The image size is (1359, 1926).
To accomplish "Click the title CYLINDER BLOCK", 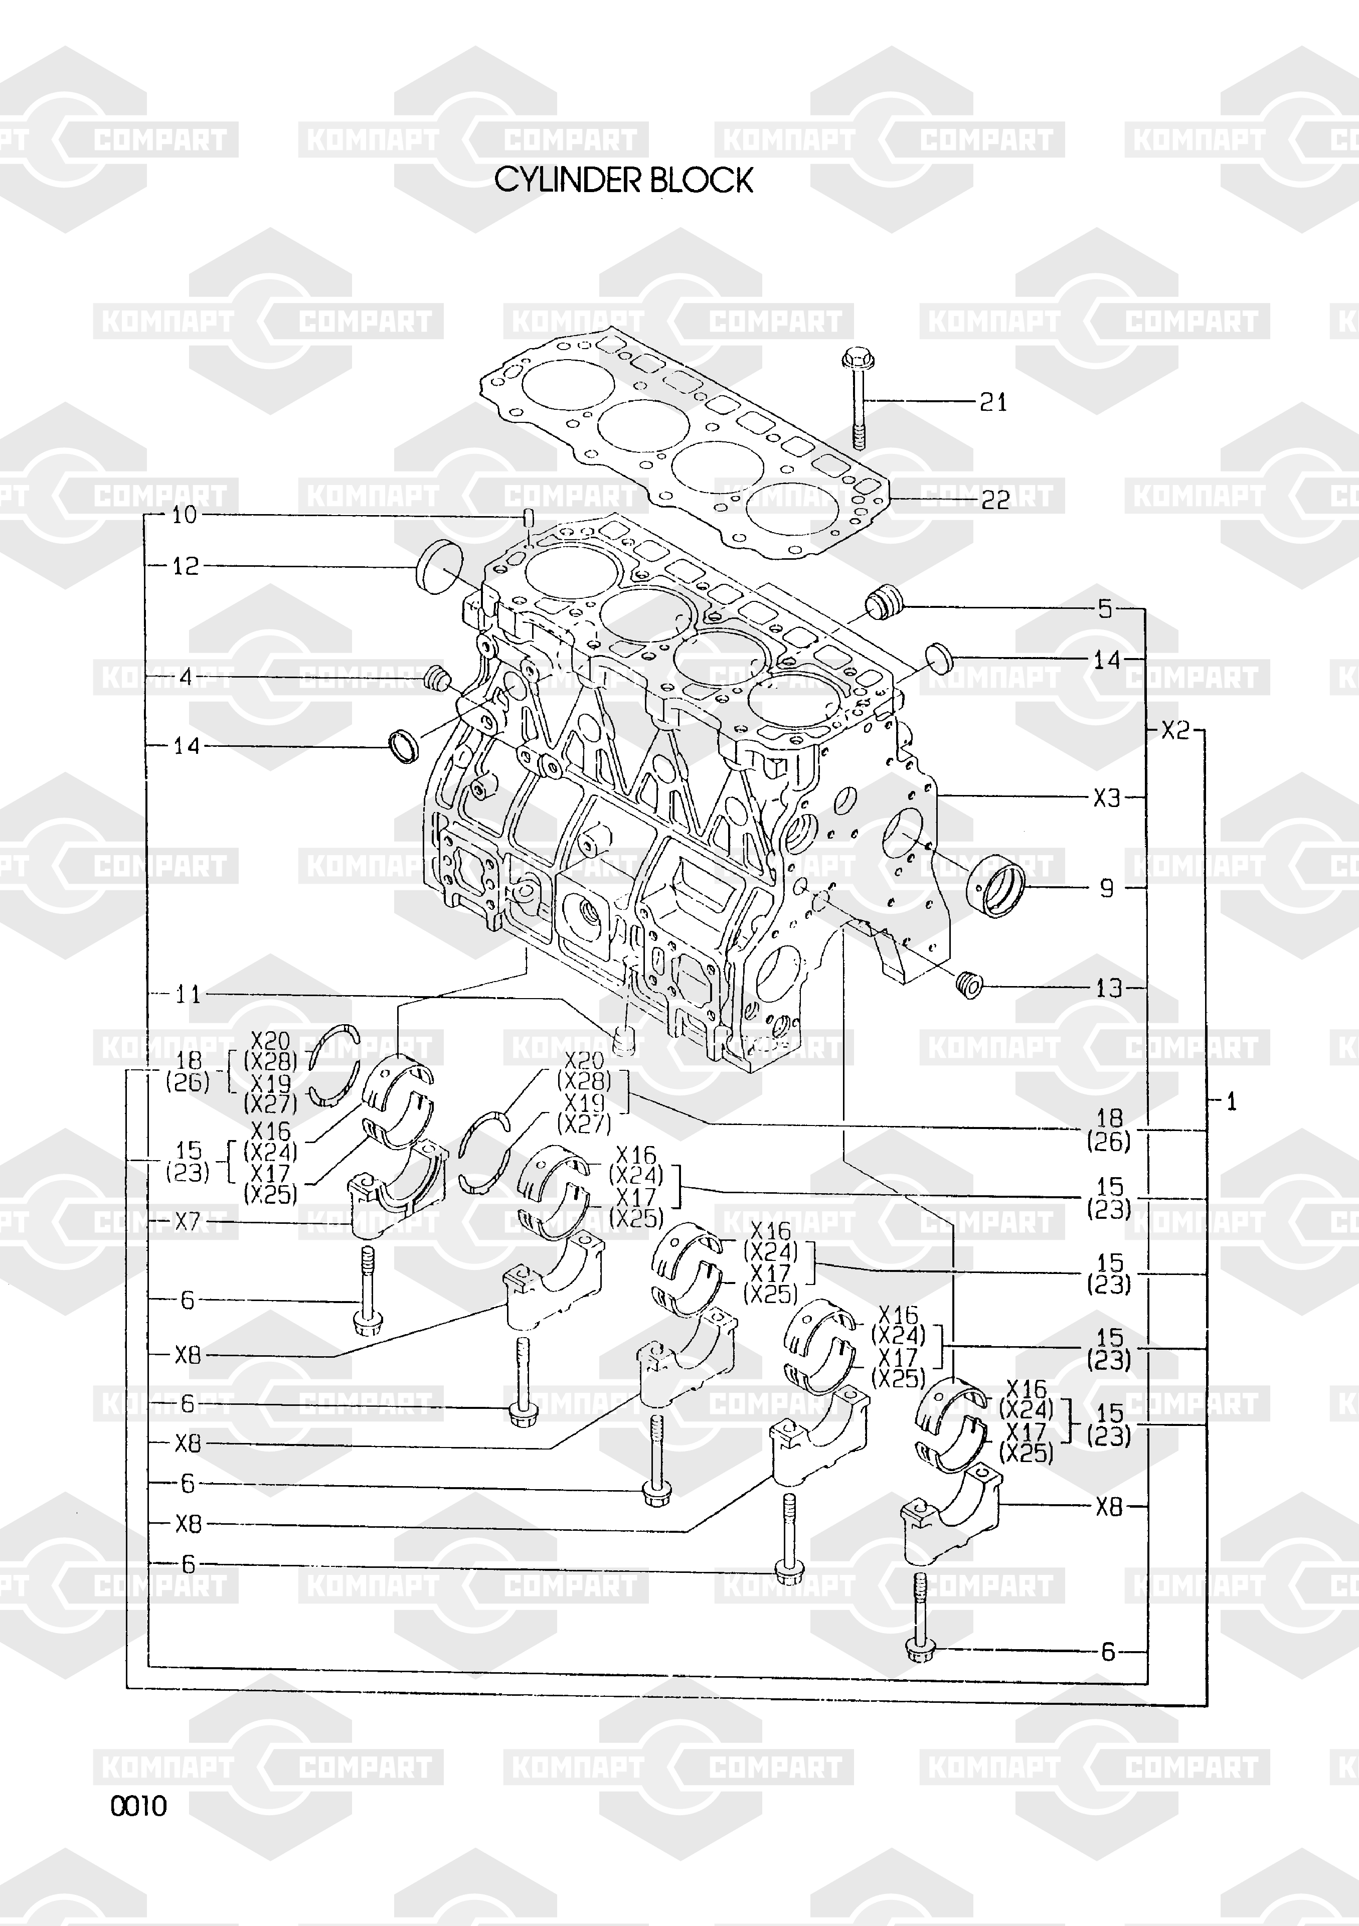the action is coord(623,181).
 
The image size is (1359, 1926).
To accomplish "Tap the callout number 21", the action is coord(993,403).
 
